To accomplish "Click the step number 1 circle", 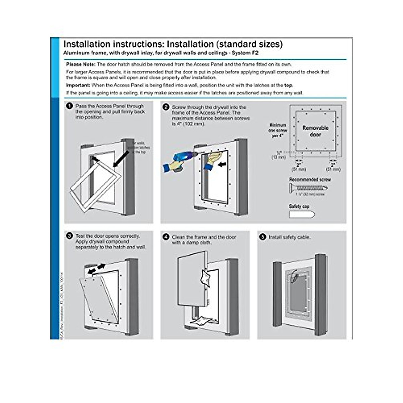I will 70,106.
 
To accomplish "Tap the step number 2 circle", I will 166,107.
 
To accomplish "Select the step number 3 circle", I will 70,236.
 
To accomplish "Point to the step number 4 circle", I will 166,237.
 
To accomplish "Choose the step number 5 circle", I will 263,237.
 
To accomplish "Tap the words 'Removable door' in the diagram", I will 315,131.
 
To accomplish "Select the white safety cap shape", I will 302,214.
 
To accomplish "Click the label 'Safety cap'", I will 299,206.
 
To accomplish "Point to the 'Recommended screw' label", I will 310,180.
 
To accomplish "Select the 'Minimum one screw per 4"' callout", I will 278,130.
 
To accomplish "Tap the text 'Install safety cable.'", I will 289,237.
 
